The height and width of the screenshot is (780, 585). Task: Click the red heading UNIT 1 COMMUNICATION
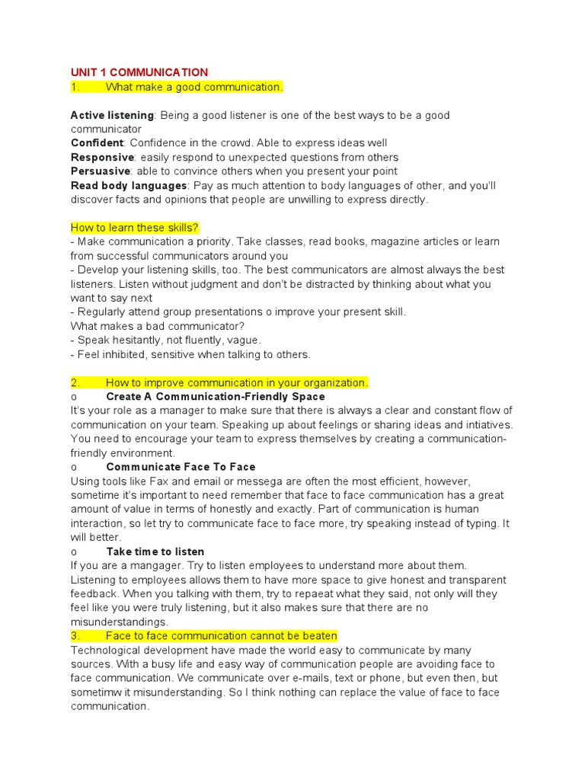[x=139, y=72]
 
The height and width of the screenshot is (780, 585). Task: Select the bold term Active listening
[x=113, y=115]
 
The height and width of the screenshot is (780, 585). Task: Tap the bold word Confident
[x=97, y=143]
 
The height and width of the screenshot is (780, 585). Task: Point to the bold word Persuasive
[x=101, y=171]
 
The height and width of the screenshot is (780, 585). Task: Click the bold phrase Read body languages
[x=129, y=186]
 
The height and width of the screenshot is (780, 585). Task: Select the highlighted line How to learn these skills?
[x=135, y=228]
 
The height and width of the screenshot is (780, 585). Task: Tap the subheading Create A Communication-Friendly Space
[x=216, y=397]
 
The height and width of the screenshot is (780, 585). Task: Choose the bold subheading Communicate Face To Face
[x=181, y=467]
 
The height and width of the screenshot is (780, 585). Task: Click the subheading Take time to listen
[x=155, y=551]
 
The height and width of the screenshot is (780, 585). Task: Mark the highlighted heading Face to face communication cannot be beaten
[x=221, y=636]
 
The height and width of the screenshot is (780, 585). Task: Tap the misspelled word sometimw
[x=97, y=679]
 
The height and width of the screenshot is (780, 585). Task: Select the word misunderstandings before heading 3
[x=118, y=622]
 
